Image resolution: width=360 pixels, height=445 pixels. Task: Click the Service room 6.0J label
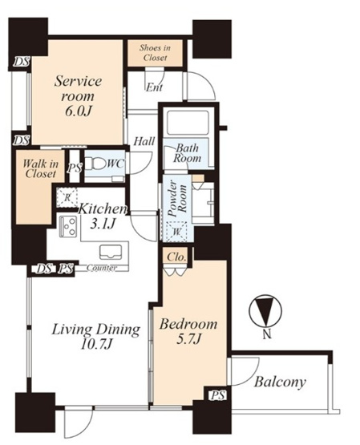pos(78,95)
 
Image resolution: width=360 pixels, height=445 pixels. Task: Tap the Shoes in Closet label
pos(155,52)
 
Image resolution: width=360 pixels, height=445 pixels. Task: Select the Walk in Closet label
pos(40,168)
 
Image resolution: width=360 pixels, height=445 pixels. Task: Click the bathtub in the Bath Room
pos(188,123)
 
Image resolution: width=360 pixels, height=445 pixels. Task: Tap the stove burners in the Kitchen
pos(68,226)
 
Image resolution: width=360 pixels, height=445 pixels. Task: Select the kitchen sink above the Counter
pos(111,252)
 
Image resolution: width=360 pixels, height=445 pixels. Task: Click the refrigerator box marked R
pos(67,197)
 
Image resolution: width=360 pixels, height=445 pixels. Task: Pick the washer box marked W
pos(176,232)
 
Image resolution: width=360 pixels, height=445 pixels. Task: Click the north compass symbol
pos(266,310)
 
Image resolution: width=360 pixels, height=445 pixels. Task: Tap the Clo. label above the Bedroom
pos(176,257)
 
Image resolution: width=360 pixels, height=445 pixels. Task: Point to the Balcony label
pos(280,382)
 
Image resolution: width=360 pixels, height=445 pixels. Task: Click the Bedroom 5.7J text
pos(188,331)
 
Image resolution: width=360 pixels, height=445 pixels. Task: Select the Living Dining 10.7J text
pos(96,337)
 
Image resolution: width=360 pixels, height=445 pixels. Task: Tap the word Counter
pos(102,268)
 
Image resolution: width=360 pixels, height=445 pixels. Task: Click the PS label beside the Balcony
pos(218,395)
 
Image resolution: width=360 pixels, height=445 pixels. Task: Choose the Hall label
pos(144,141)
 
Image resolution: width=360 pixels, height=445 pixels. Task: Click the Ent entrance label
pos(154,87)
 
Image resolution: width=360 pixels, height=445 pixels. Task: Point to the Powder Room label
pos(176,198)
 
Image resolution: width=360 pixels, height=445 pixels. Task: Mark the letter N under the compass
pos(267,335)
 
